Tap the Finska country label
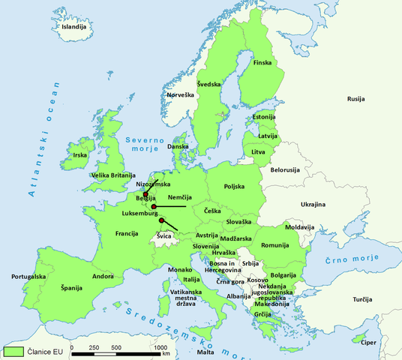coord(262,62)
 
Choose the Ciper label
coord(367,342)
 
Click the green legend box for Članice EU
coord(13,350)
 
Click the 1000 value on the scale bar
coord(160,348)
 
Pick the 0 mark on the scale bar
coord(72,348)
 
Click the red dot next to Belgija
coord(146,194)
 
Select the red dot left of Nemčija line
coord(154,206)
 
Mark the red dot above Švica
coord(162,220)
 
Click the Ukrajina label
coord(313,204)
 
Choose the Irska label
coord(79,155)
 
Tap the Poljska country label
coord(235,187)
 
